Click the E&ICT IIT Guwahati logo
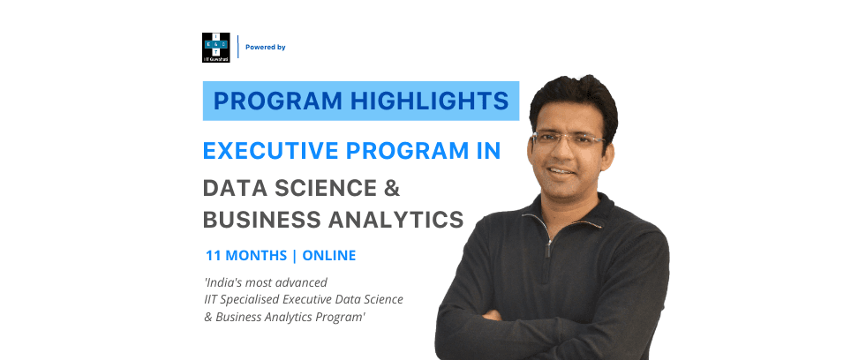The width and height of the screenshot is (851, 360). (215, 47)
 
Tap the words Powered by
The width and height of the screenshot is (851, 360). (266, 47)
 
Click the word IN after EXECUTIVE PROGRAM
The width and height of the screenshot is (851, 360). (485, 150)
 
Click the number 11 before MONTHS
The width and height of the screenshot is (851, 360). (213, 256)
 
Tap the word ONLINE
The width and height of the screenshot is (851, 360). (328, 256)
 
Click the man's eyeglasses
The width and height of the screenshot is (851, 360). (569, 139)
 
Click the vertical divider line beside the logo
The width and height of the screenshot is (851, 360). (238, 47)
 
